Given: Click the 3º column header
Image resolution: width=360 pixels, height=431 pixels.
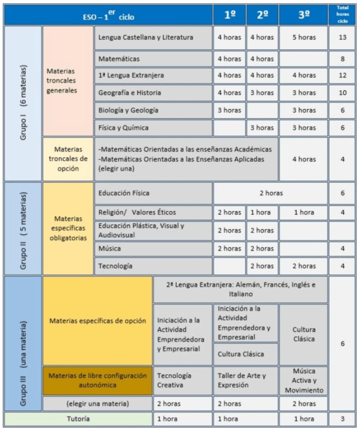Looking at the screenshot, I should click(x=304, y=15).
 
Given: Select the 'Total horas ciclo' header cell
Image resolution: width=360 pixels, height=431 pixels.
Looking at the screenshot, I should click(x=342, y=15).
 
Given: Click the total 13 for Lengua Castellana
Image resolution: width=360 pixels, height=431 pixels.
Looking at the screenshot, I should click(x=342, y=37).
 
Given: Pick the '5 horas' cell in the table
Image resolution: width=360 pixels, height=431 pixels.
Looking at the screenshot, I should click(x=304, y=37).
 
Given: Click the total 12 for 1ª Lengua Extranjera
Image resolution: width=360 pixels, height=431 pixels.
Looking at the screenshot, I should click(x=342, y=75).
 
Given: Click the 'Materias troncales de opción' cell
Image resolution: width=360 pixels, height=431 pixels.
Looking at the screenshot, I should click(x=68, y=159).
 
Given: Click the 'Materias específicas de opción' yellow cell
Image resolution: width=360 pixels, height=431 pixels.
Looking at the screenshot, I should click(x=98, y=321).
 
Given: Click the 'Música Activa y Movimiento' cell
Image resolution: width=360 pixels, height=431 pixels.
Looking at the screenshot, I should click(x=304, y=380).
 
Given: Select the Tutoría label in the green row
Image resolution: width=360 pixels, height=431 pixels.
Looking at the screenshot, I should click(x=78, y=419).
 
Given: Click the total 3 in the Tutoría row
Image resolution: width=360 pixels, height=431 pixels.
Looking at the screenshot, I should click(x=342, y=419).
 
